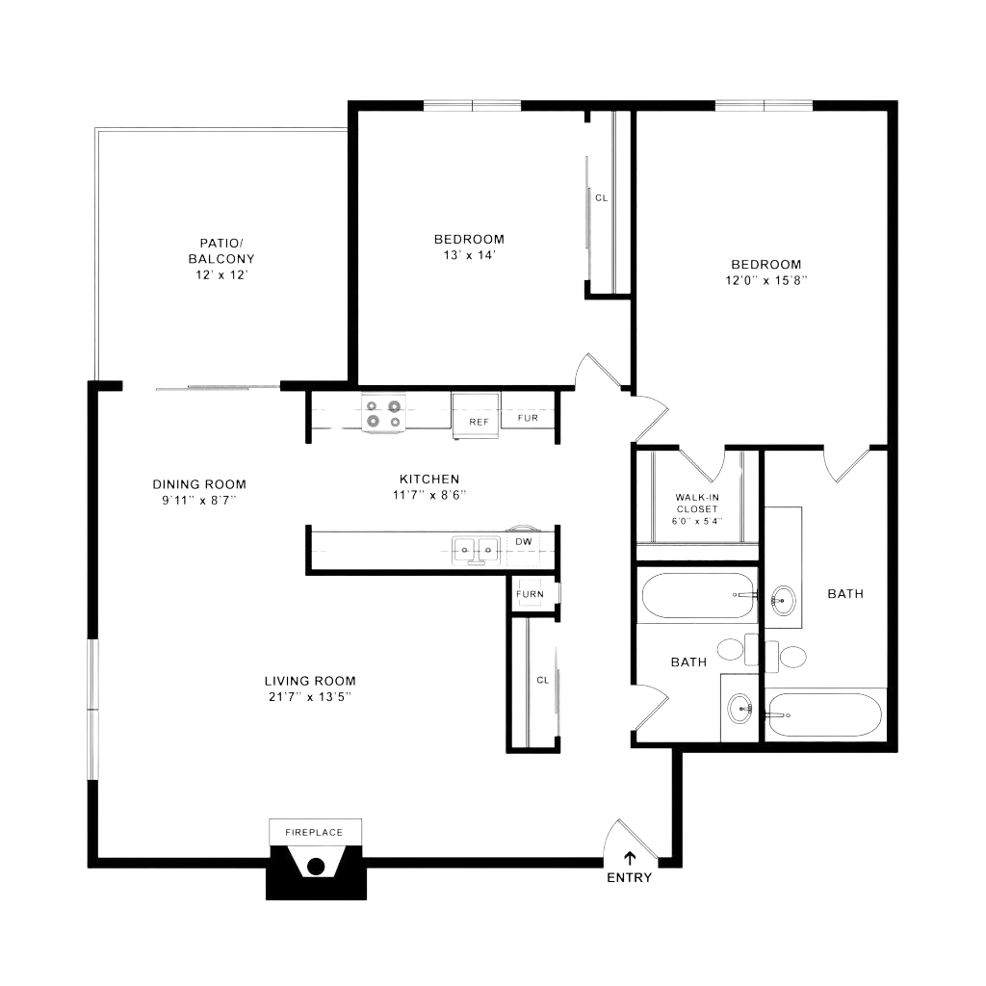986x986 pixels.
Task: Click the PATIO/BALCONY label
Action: pos(221,250)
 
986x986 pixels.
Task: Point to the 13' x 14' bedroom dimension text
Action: pos(469,256)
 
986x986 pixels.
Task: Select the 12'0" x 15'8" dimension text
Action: pos(765,281)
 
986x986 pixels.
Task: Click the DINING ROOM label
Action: pos(199,484)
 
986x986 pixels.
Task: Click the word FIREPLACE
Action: pos(313,831)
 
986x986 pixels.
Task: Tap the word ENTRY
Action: pos(630,878)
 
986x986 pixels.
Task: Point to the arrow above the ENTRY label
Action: pos(630,858)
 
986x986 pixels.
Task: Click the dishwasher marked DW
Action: pos(524,542)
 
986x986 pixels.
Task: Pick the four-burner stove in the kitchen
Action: pos(383,413)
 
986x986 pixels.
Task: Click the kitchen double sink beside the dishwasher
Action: pos(477,548)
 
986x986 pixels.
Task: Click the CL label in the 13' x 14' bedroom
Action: pos(602,198)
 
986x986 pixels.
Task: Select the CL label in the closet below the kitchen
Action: pos(542,680)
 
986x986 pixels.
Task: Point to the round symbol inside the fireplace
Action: pos(314,866)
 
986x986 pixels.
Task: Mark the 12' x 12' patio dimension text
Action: pos(221,274)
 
